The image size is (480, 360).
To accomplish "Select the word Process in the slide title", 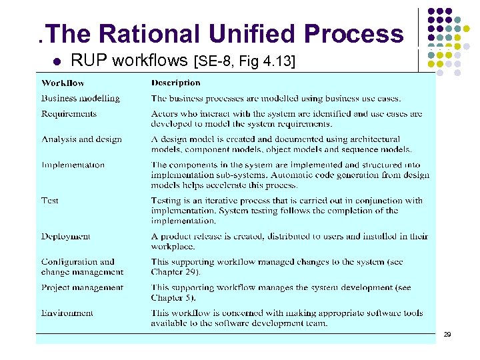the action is (x=354, y=33).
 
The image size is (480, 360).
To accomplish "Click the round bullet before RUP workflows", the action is (x=57, y=63).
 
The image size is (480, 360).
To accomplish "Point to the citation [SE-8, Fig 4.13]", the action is (x=243, y=62).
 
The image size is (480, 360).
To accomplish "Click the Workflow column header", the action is (x=63, y=83).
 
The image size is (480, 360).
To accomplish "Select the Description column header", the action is (x=175, y=83).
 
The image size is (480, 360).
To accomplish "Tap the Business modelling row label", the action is (x=81, y=99).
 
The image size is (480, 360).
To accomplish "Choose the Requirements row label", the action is (x=69, y=114).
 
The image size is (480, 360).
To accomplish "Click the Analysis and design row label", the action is (x=81, y=139).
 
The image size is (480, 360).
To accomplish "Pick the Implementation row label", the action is (x=73, y=165).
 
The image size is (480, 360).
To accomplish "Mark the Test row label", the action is (x=50, y=200).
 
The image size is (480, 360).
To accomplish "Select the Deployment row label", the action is (x=65, y=236).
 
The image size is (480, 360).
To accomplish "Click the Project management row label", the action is (x=82, y=287).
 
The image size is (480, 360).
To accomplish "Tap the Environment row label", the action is (x=67, y=313).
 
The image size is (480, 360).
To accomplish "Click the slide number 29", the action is (x=447, y=333).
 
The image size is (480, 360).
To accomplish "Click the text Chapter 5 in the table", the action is (x=171, y=297).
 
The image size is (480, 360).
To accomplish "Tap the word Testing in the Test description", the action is (x=167, y=200).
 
